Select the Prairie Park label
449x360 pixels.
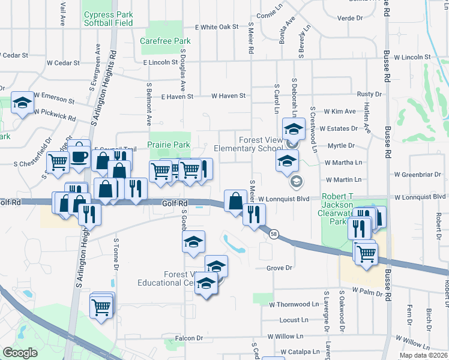(169, 145)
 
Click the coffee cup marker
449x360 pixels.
(79, 157)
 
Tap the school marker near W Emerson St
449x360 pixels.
(22, 103)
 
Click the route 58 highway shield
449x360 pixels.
(274, 235)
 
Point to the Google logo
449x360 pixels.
(20, 353)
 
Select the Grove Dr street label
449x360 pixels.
(279, 268)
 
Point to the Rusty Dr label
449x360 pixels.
(369, 94)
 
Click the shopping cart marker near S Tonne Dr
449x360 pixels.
(101, 307)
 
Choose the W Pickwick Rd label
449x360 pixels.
(55, 118)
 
